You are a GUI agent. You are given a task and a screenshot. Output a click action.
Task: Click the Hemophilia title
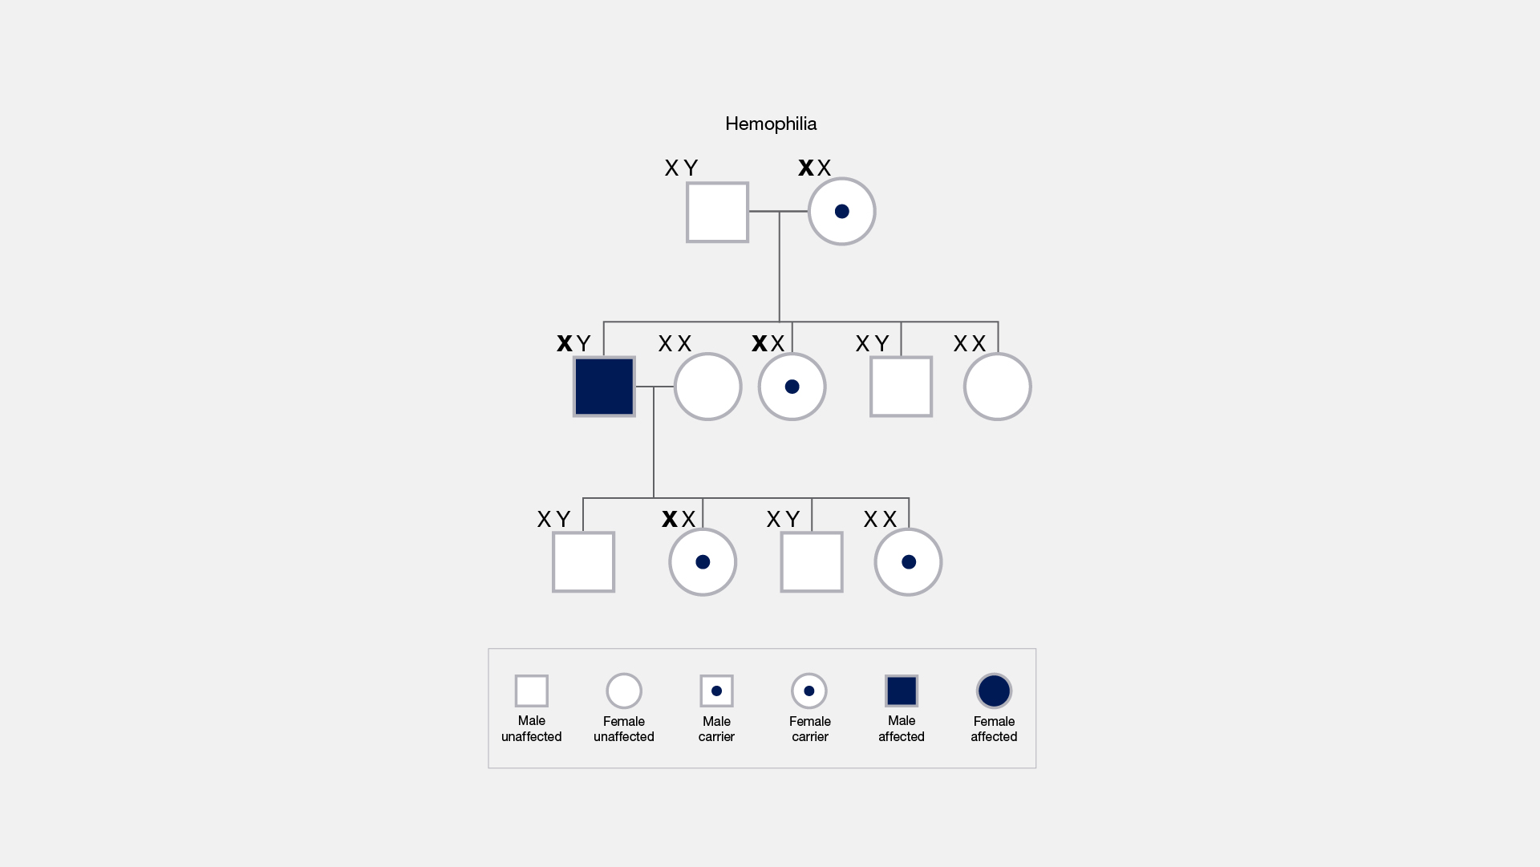pos(771,124)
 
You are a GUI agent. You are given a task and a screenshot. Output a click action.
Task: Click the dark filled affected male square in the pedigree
pos(604,387)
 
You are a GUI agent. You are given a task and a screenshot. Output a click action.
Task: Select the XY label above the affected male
pos(573,343)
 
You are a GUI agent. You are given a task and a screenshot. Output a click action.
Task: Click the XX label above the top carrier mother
pos(815,168)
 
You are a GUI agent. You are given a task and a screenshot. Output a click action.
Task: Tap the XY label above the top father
pos(682,168)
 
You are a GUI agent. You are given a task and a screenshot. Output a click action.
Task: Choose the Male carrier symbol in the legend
pos(716,691)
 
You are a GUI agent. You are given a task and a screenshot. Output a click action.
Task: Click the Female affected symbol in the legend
pos(994,691)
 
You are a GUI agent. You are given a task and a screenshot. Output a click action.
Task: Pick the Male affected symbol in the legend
pos(902,691)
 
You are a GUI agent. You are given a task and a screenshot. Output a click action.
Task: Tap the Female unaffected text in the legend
pos(624,729)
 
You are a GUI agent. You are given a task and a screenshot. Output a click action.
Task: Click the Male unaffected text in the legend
pos(531,729)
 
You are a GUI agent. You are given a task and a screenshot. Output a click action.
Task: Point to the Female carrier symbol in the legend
pos(809,691)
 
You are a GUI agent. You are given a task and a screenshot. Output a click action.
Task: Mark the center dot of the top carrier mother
pos(841,212)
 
